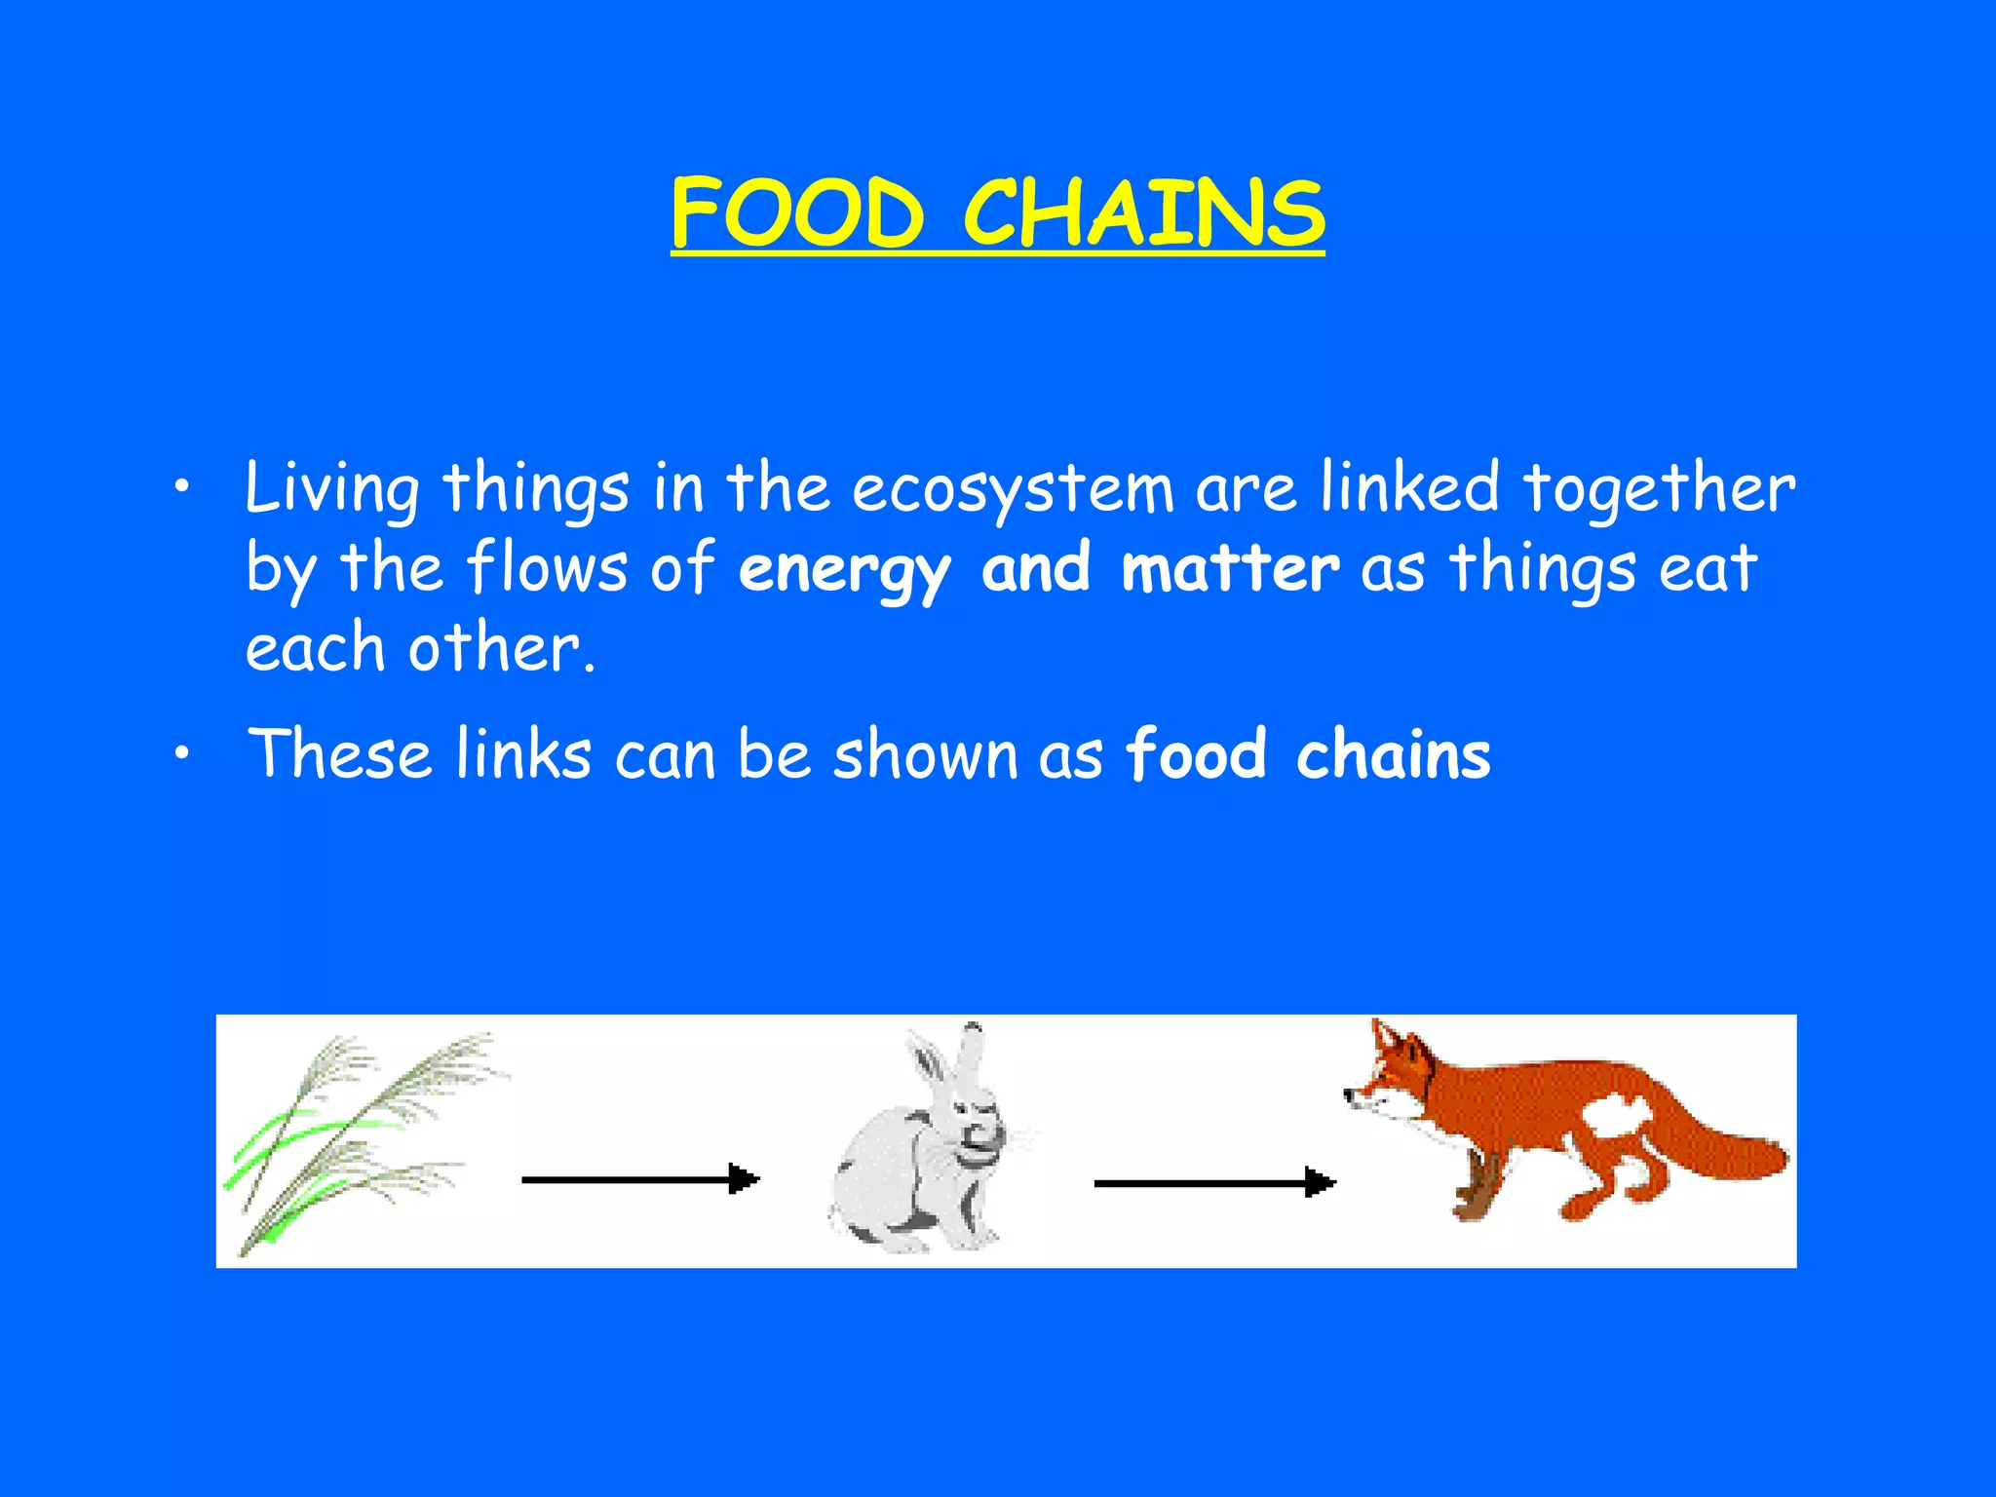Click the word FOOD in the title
796,212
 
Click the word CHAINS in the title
1144,212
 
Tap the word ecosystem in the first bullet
1013,488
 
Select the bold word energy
843,569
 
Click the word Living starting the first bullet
331,488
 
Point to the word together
1658,488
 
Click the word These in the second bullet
339,754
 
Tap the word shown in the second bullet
925,754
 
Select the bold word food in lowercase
1196,754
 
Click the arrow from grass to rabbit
639,1179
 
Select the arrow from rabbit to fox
1213,1183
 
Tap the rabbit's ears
950,1062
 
